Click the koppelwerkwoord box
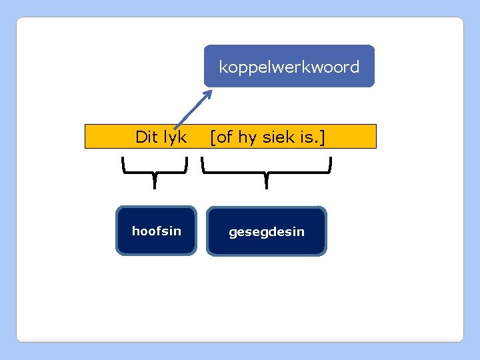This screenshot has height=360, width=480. (x=289, y=66)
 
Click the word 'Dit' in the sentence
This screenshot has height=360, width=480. (x=146, y=137)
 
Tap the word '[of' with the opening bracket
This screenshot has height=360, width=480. (x=221, y=137)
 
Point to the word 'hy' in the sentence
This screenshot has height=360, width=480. (x=247, y=137)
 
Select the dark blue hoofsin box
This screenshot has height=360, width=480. (x=156, y=231)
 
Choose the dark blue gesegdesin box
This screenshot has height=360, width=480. (x=267, y=231)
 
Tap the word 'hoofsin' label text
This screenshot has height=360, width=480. (x=156, y=231)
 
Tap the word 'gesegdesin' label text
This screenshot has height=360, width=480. (x=267, y=232)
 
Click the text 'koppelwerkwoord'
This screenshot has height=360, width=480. (x=289, y=67)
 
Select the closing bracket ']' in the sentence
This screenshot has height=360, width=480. (x=323, y=137)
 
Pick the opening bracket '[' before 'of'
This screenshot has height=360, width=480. (x=213, y=137)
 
